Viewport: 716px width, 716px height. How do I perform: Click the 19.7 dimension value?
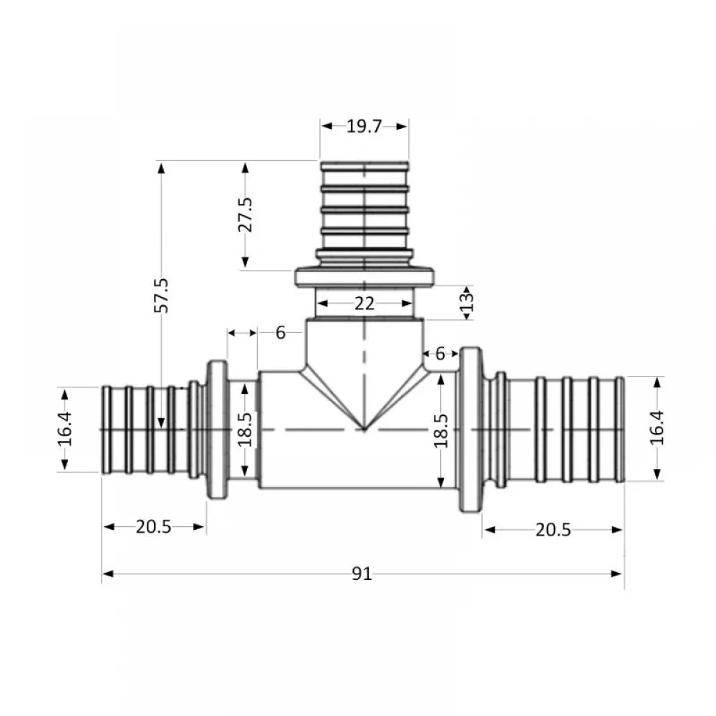point(364,127)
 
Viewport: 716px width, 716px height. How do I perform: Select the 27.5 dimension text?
point(246,214)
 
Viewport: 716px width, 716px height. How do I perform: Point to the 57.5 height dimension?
point(162,295)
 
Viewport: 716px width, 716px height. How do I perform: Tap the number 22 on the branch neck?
point(364,304)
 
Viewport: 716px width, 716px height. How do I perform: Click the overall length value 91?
point(362,574)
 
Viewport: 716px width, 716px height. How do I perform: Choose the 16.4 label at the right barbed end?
point(657,428)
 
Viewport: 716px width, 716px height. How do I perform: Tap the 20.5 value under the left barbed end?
point(154,528)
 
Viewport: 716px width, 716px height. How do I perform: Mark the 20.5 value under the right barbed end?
point(553,530)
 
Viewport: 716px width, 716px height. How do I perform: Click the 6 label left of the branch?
point(280,333)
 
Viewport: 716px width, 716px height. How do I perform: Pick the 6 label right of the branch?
point(440,353)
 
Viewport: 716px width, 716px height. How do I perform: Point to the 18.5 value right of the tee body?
point(441,430)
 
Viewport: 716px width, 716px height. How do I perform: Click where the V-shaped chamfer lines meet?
point(364,430)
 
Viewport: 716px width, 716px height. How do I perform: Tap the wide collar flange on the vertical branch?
point(364,276)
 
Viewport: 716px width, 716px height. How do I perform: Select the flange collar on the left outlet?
point(217,430)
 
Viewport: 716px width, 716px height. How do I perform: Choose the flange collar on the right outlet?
point(470,430)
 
